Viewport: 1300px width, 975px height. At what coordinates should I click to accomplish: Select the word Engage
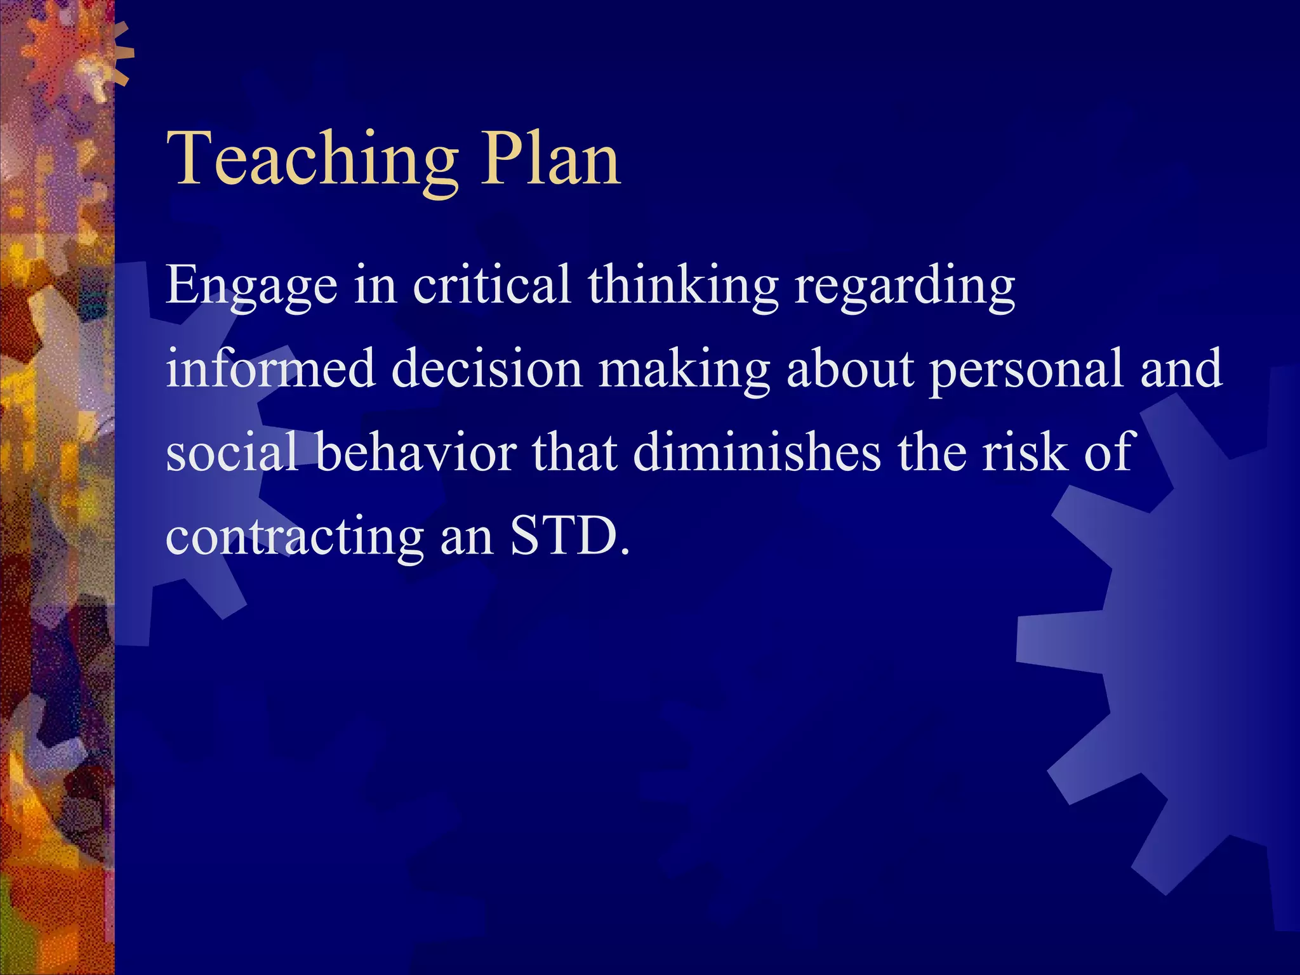click(251, 286)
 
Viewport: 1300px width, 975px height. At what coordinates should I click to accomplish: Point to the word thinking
click(682, 286)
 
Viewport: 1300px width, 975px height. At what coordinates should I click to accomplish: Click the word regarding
click(905, 286)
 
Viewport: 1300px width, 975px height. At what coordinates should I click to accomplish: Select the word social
click(231, 452)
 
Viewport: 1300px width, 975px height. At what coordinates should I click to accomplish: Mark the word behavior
click(416, 452)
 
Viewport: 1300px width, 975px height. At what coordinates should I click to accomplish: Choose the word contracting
click(295, 536)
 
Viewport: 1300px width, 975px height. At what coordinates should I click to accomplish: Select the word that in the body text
click(574, 452)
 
